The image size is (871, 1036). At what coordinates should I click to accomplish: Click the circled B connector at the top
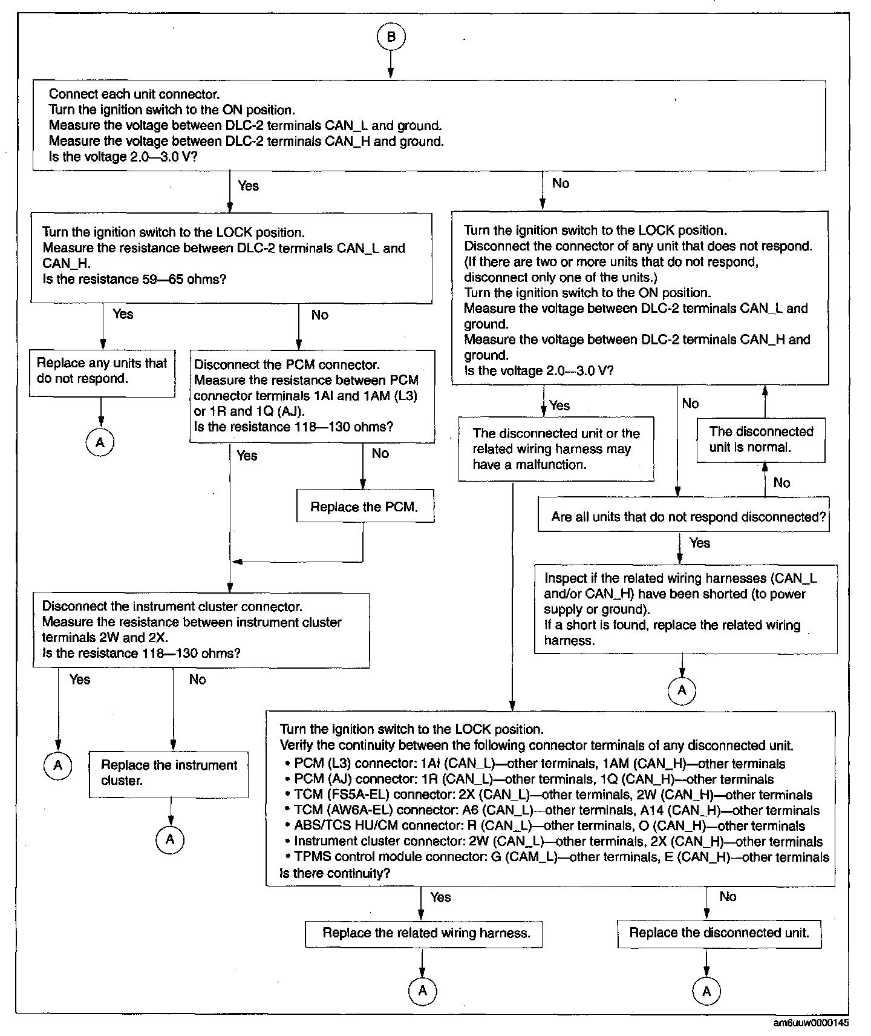pos(391,37)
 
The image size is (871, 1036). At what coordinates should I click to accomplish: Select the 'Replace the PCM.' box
pos(365,507)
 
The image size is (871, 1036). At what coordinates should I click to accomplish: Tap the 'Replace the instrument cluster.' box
pos(169,773)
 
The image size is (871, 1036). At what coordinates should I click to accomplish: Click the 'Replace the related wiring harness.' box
pos(424,933)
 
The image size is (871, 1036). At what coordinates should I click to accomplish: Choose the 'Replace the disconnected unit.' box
pos(719,933)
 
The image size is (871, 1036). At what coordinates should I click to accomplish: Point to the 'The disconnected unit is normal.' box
pos(761,439)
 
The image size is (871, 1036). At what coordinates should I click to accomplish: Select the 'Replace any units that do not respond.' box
pos(102,371)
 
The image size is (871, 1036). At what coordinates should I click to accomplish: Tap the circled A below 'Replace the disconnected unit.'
pos(706,991)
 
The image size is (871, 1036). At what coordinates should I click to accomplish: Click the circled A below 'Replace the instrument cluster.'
pos(170,839)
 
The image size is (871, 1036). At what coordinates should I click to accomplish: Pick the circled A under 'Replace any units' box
pos(100,443)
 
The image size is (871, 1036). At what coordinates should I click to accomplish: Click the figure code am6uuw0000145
pos(811,1023)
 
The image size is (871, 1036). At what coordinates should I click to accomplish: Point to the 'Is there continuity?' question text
pos(334,874)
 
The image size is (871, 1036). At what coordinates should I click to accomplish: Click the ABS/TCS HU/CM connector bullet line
pos(549,826)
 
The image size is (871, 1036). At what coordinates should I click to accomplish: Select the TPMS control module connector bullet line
pos(561,857)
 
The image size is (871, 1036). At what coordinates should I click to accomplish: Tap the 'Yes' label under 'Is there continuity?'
pos(440,897)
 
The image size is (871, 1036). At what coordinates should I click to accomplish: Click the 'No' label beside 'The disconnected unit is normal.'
pos(781,482)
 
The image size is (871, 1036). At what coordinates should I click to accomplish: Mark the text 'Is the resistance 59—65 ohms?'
pos(134,280)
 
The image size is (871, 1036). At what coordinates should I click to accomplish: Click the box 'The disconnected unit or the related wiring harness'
pos(556,449)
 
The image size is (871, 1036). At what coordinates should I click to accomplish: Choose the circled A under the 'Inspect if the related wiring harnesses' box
pos(682,690)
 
